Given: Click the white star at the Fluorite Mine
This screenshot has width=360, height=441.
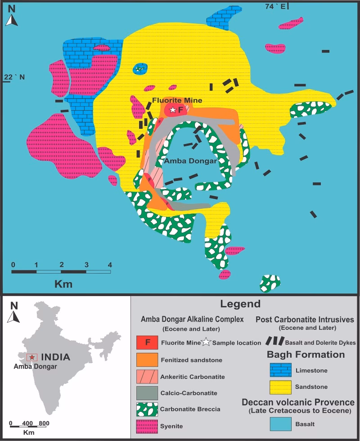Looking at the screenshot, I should pos(172,109).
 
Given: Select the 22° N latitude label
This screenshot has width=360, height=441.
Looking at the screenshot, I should pos(14,77).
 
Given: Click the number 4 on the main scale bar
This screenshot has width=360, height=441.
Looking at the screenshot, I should pos(109,264).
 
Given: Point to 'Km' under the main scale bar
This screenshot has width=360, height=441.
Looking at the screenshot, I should pos(63,284).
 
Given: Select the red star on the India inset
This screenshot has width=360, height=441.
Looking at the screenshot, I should pos(31,357).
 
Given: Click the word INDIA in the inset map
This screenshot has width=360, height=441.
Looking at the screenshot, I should pos(55,357).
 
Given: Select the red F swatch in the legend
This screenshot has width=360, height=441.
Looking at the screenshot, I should pos(147,342).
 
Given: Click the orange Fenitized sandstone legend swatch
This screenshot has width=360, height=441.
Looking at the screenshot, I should pos(147,360).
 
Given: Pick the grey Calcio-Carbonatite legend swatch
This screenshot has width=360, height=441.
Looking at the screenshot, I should pos(147,393).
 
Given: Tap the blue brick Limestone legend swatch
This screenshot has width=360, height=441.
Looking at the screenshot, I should pos(281,370).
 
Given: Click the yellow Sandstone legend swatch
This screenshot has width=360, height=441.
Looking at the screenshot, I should pos(281,387).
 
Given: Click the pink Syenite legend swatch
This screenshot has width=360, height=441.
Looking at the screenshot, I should pos(147,425).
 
